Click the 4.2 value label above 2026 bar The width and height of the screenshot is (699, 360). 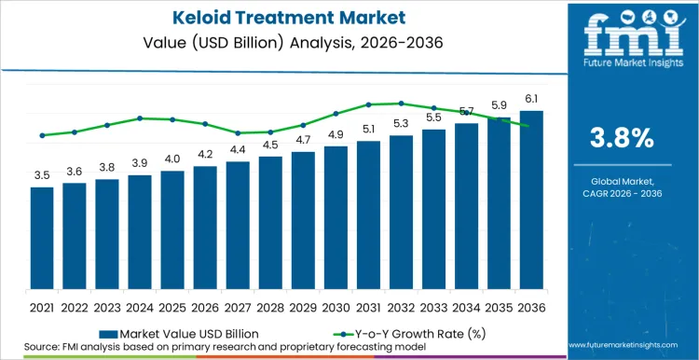205,154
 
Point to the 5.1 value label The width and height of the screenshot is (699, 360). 368,129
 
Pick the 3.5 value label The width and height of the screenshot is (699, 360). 42,174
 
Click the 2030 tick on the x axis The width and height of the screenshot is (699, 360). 336,307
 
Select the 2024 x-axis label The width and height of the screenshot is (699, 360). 140,307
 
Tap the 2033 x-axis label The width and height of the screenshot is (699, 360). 433,307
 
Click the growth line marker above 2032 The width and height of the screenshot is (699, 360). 401,104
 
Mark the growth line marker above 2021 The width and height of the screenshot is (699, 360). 42,135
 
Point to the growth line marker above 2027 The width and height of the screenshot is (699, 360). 238,132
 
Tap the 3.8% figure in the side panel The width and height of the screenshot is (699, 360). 623,138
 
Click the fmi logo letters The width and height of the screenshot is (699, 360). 623,33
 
